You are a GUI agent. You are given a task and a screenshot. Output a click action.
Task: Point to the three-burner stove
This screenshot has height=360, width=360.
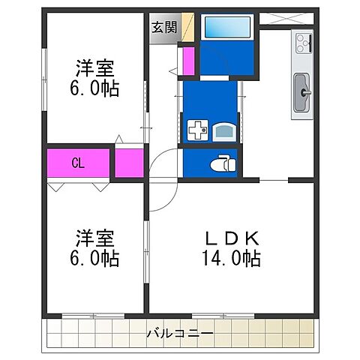[x=304, y=44]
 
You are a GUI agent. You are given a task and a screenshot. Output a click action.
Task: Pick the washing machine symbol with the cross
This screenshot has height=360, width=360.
[x=196, y=132]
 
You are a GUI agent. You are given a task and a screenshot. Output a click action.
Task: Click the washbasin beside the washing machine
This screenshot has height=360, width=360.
[x=223, y=132]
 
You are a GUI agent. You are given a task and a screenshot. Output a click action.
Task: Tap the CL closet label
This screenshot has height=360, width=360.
[x=77, y=163]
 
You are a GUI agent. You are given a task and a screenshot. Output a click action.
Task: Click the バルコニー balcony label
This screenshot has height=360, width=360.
[x=180, y=332]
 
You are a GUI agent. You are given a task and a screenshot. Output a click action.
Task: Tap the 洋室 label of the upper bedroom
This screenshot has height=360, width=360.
[x=95, y=67]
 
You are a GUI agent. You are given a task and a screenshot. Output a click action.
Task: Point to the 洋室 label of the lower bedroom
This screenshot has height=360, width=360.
[x=95, y=239]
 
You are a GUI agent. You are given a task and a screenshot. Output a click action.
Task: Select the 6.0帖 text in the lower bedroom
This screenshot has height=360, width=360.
[x=95, y=259]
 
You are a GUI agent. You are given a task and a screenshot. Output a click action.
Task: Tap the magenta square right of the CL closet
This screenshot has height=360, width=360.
[x=129, y=163]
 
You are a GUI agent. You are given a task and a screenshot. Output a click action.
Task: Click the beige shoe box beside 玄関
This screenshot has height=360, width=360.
[x=187, y=28]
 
